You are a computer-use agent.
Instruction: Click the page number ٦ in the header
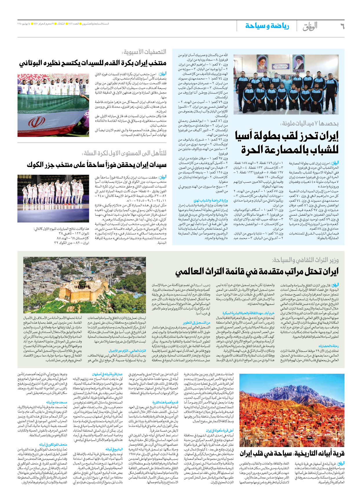(342, 26)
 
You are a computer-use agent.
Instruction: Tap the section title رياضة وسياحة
(267, 26)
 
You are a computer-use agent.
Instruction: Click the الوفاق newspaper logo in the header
(310, 26)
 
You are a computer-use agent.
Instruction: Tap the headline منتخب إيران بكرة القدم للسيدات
(93, 63)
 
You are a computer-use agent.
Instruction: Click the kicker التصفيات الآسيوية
(145, 52)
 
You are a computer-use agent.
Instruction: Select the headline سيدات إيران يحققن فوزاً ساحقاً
(97, 165)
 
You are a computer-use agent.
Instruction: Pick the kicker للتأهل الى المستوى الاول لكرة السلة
(125, 153)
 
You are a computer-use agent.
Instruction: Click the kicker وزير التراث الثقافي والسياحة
(305, 260)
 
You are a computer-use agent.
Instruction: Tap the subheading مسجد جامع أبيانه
(56, 402)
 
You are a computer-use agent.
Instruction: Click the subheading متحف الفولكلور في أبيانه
(53, 444)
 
